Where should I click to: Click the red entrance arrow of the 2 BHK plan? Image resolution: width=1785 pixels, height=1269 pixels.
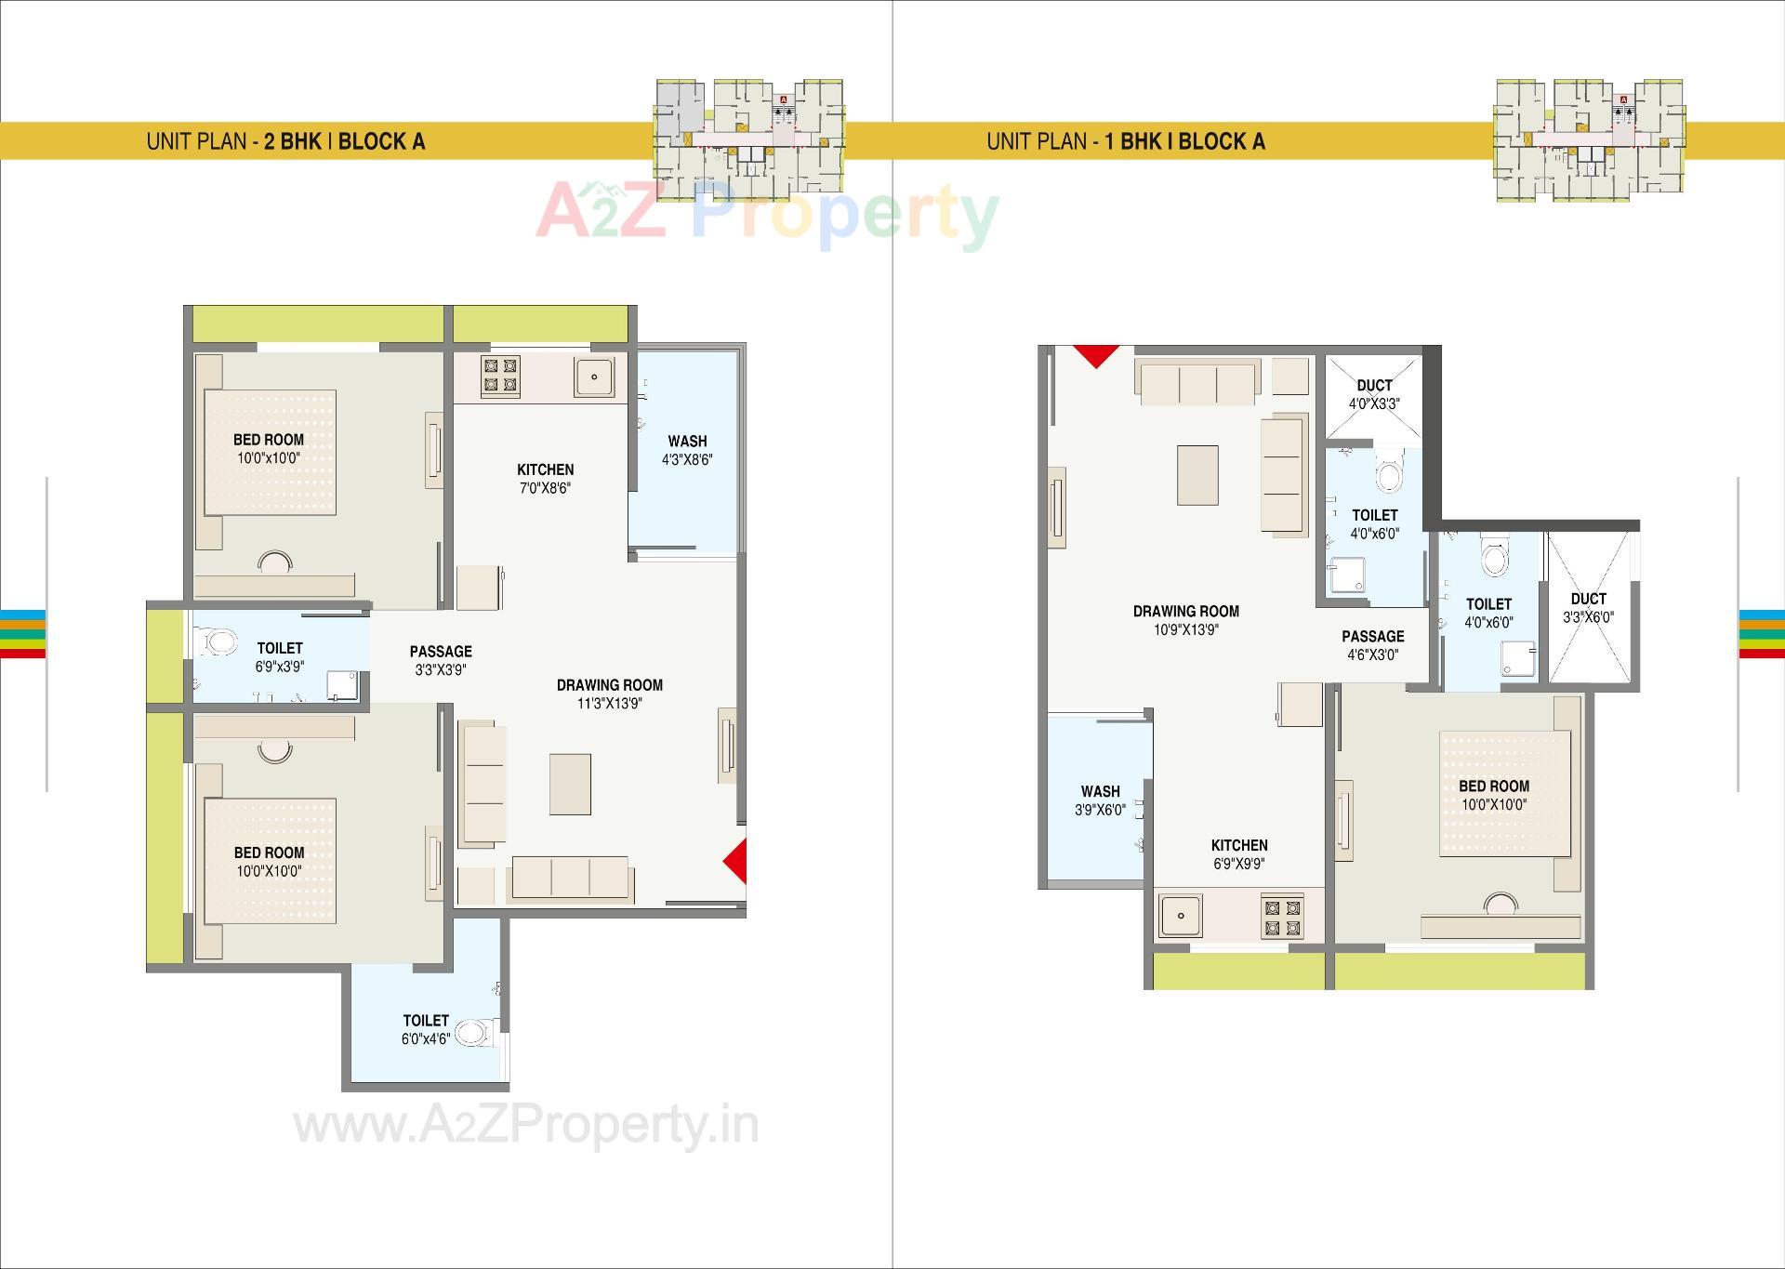tap(737, 862)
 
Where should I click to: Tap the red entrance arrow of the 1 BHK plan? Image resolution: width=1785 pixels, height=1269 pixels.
tap(1096, 354)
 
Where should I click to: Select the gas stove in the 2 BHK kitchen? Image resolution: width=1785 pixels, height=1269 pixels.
tap(499, 376)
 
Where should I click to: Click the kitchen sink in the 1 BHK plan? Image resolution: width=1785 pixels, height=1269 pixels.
tap(1181, 916)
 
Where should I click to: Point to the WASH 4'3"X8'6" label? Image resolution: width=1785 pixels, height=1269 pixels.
tap(687, 450)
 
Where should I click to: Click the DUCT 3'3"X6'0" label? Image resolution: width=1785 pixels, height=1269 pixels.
tap(1588, 608)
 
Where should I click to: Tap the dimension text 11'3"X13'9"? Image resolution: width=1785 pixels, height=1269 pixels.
tap(609, 704)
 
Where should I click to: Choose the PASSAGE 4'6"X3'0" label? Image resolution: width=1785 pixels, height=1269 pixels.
tap(1372, 645)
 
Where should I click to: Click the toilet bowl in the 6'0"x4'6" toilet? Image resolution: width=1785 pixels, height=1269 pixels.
tap(473, 1032)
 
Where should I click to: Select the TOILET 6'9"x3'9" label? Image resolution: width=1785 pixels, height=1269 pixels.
tap(280, 657)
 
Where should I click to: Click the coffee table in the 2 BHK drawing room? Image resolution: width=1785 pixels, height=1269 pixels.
tap(570, 784)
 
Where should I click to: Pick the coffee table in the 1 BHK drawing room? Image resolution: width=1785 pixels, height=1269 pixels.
tap(1197, 475)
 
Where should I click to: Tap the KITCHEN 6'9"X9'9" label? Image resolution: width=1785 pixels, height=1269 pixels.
tap(1239, 854)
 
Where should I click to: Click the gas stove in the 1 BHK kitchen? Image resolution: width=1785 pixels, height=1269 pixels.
tap(1282, 917)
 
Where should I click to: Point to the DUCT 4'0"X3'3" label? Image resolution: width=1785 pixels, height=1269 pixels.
tap(1374, 394)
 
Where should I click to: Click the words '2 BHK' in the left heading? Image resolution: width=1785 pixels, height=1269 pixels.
tap(293, 141)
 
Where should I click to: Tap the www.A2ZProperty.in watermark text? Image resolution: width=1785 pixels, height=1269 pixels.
tap(526, 1126)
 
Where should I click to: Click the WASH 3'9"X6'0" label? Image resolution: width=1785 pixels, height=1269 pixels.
tap(1100, 800)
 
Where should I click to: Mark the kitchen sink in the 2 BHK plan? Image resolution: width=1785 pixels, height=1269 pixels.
tap(593, 377)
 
